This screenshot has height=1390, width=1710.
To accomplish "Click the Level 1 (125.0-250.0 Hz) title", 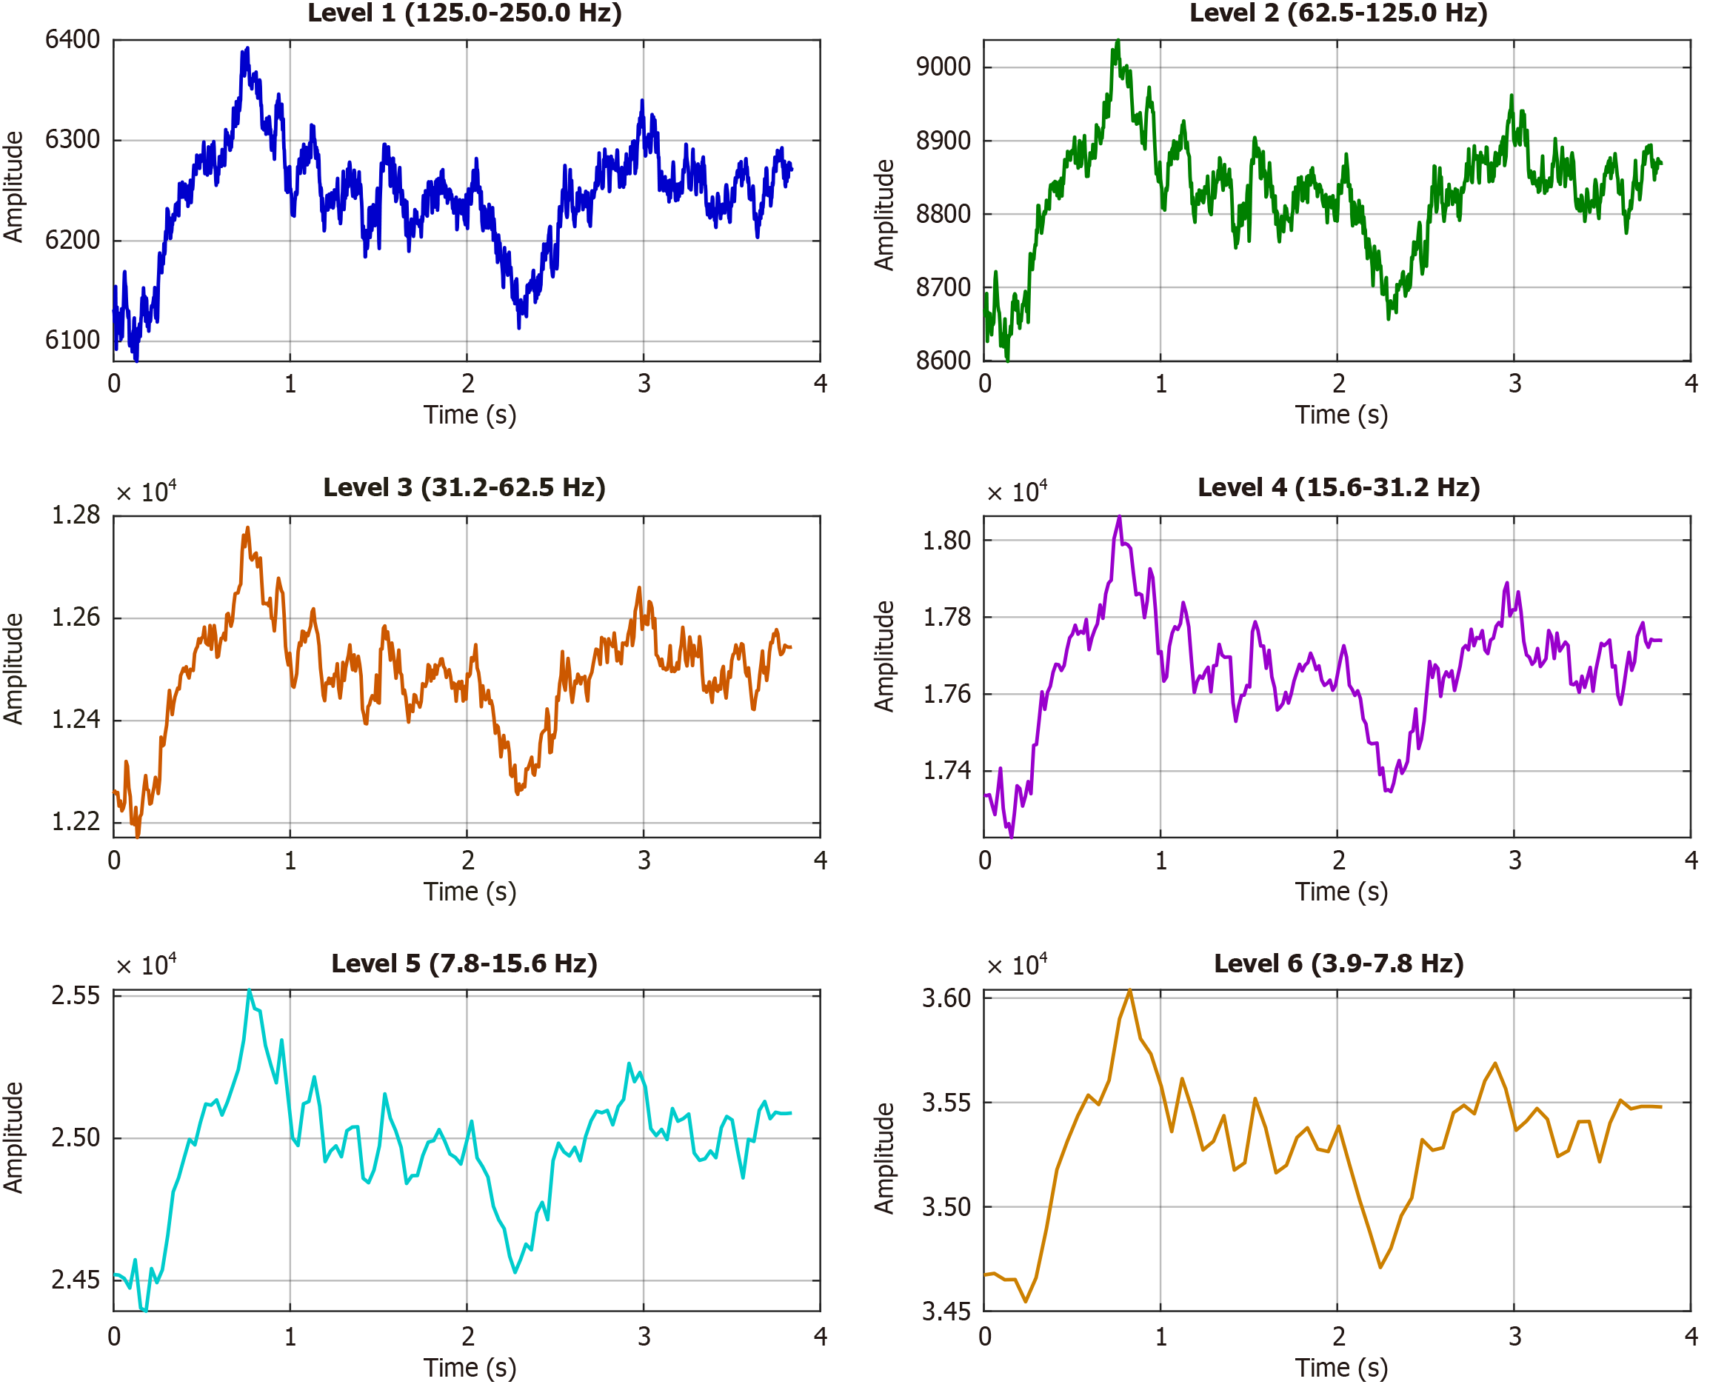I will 464,13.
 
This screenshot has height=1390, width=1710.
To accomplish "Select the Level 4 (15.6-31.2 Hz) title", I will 1337,487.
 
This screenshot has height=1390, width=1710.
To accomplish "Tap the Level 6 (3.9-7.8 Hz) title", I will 1337,963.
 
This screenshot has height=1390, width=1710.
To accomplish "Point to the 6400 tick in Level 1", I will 72,39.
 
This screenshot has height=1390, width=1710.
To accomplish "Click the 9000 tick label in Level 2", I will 943,67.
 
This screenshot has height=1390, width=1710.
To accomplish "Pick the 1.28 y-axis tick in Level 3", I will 76,515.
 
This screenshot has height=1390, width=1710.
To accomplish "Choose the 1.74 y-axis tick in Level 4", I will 946,770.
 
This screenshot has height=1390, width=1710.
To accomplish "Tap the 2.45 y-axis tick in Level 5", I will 76,1280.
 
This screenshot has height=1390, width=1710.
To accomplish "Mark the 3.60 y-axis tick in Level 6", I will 946,998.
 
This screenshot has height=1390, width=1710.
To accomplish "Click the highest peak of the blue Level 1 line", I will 247,48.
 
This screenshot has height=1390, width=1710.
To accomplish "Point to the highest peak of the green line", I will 1118,40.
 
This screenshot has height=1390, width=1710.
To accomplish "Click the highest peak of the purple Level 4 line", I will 1119,516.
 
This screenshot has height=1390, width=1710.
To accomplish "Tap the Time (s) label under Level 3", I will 470,891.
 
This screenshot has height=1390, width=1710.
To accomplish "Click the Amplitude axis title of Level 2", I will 883,215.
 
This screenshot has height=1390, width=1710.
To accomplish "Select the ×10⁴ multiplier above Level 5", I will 147,966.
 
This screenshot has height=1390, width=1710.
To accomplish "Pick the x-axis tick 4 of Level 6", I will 1691,1337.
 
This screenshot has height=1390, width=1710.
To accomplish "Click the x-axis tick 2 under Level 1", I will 467,384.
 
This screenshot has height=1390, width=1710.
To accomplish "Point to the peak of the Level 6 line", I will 1129,992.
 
